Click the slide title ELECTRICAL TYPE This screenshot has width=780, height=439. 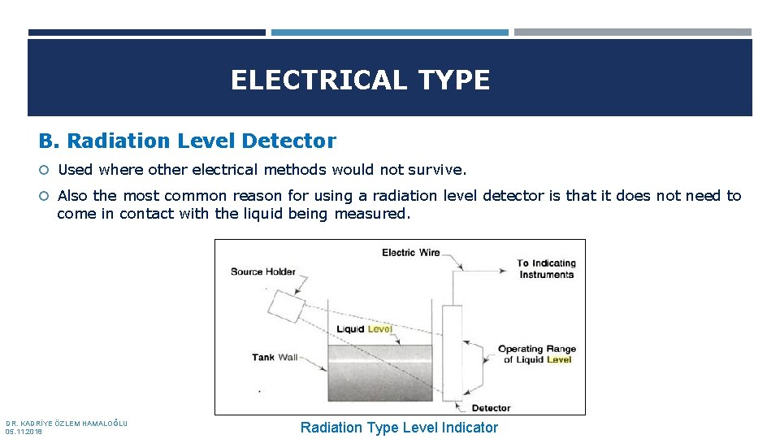tap(360, 80)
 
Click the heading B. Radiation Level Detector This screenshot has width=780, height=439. tap(188, 141)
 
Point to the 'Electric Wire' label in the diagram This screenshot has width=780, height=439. tap(411, 253)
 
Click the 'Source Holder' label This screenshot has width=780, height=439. tap(262, 272)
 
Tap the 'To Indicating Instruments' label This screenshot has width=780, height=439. tap(546, 269)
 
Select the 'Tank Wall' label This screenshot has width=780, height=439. tap(275, 357)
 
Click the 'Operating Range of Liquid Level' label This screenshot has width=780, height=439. tap(536, 354)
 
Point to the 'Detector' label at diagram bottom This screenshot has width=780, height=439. tap(491, 407)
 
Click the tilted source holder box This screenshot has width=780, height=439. tap(285, 306)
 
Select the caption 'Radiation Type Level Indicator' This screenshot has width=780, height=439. tap(399, 428)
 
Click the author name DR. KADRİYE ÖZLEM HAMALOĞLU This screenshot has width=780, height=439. tap(67, 424)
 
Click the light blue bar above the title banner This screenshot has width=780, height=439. tap(389, 33)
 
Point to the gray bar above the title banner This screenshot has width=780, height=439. tap(632, 33)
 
